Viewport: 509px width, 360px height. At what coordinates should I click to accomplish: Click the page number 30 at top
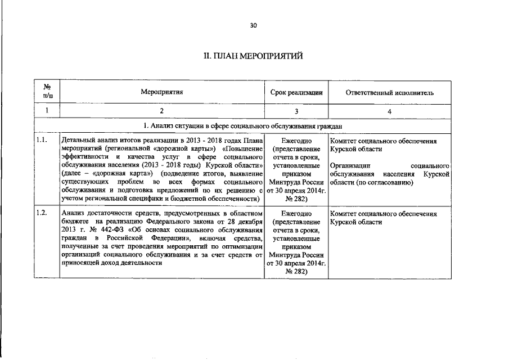pyautogui.click(x=254, y=26)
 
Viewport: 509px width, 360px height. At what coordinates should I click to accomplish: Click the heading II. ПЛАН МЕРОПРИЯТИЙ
pyautogui.click(x=254, y=56)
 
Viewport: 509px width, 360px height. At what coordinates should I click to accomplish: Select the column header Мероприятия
pyautogui.click(x=162, y=92)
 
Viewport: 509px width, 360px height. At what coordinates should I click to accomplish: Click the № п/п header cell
pyautogui.click(x=47, y=92)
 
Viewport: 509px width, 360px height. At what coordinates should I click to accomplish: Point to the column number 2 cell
pyautogui.click(x=162, y=111)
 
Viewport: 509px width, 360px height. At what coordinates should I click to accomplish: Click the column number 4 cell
pyautogui.click(x=390, y=111)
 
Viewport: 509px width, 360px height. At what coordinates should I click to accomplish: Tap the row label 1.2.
pyautogui.click(x=41, y=214)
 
